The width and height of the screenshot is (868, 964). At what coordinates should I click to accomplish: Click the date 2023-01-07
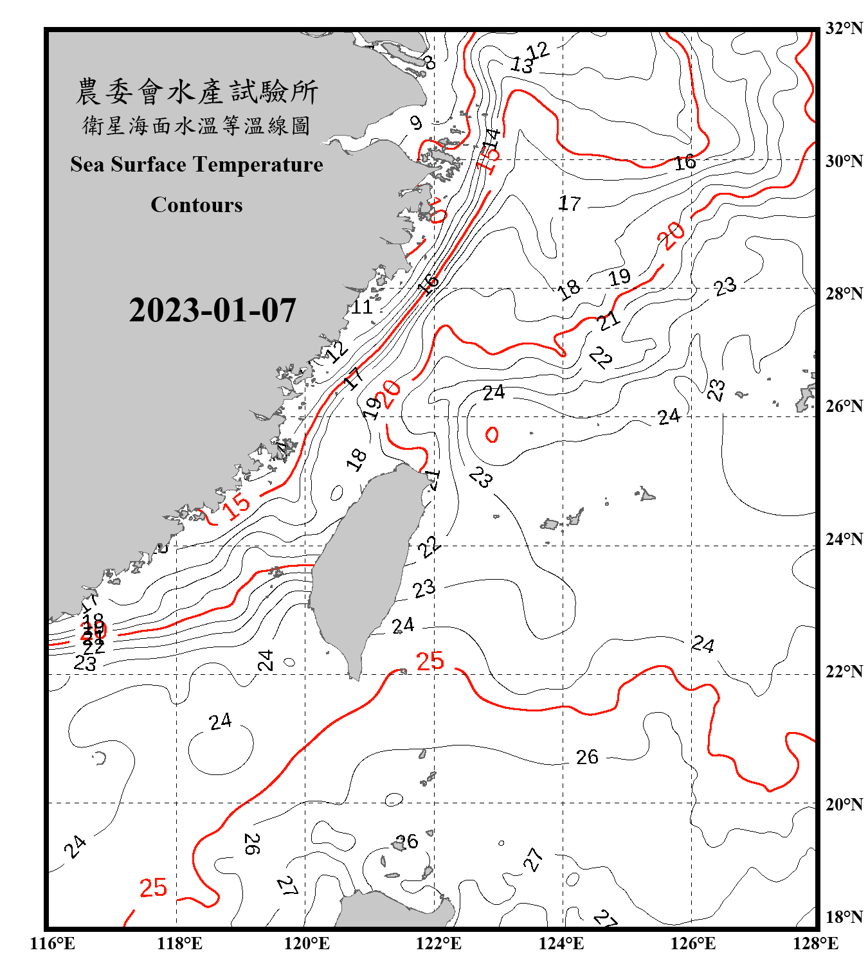[212, 310]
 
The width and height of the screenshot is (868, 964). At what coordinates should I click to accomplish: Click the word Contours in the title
[197, 205]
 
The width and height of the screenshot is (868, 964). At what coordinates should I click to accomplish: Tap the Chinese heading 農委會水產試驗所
[197, 91]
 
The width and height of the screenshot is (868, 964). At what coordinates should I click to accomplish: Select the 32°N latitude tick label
[844, 28]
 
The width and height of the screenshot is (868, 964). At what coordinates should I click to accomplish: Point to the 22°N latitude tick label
[844, 672]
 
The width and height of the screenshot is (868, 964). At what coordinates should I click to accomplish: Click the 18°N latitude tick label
[844, 917]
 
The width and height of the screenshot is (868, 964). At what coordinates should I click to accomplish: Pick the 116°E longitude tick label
[53, 943]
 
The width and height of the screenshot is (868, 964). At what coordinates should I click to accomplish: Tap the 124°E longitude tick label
[561, 943]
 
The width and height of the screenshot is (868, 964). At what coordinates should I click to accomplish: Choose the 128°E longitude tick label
[815, 943]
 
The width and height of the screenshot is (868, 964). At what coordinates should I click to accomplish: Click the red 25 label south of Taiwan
[430, 661]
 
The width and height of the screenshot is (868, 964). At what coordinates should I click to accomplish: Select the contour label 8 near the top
[429, 62]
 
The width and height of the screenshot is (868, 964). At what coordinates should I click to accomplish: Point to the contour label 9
[416, 122]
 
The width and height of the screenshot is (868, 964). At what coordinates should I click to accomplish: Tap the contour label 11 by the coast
[361, 307]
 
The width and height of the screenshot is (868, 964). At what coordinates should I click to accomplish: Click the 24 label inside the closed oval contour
[221, 722]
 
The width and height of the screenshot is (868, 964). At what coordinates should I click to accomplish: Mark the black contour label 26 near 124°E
[587, 757]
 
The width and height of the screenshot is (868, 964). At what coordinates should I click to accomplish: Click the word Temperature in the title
[258, 165]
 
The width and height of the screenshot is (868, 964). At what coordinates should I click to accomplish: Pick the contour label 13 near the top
[522, 64]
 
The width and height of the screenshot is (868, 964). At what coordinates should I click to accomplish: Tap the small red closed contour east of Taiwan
[492, 435]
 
